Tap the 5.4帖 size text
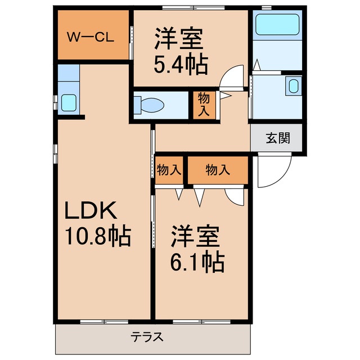pos(181,64)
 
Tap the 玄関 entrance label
pos(278,138)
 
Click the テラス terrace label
pos(147,337)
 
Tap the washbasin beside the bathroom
pos(292,86)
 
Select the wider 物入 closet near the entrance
pos(217,170)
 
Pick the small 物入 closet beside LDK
pos(169,170)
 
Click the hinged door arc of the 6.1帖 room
pos(233,195)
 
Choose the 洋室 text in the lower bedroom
pos(195,236)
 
